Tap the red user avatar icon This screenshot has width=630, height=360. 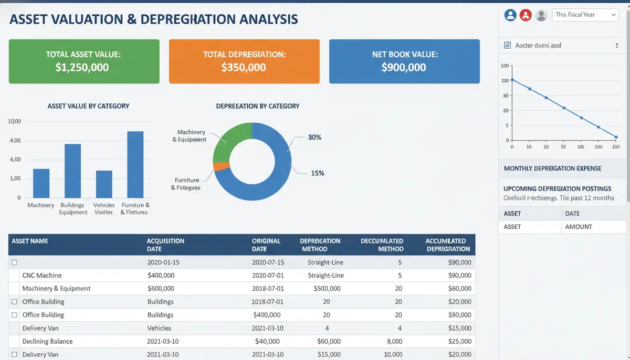(x=526, y=15)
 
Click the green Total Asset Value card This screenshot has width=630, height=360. (x=84, y=61)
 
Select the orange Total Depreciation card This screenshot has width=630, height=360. (x=244, y=61)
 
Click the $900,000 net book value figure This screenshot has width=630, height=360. (x=404, y=67)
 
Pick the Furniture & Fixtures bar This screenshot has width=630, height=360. (x=135, y=164)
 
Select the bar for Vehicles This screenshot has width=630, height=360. (x=104, y=184)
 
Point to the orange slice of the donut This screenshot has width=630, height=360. (x=221, y=167)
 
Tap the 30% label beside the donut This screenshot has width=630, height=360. (x=314, y=137)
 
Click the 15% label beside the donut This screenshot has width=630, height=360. (x=317, y=173)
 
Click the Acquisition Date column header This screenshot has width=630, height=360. (x=165, y=245)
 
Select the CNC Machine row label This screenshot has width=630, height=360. (x=42, y=275)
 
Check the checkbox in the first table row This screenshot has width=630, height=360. (x=15, y=262)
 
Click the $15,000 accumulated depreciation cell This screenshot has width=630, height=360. (x=459, y=328)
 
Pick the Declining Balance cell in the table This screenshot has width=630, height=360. (x=47, y=341)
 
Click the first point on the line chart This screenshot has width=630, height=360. (x=512, y=80)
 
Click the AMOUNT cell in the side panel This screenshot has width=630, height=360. (x=579, y=227)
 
